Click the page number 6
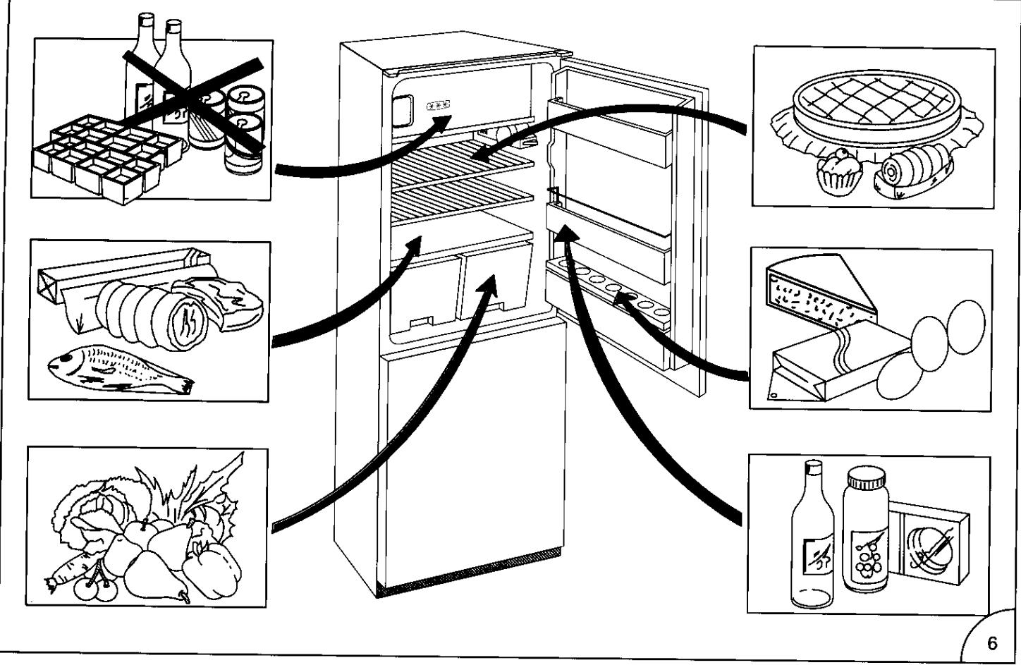992,643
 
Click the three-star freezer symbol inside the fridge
438,106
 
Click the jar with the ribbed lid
865,529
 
